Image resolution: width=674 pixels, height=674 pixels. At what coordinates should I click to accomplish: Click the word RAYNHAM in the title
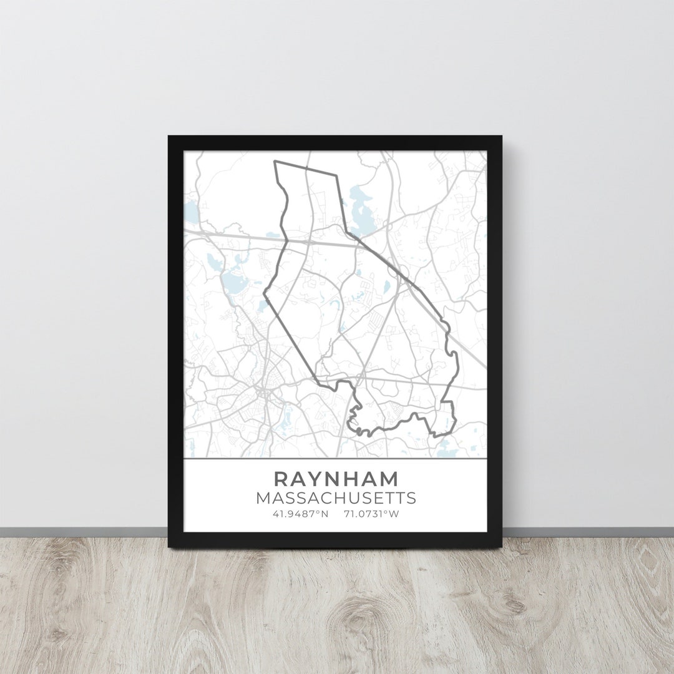click(336, 479)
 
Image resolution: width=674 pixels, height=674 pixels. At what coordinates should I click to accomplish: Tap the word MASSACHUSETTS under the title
click(336, 499)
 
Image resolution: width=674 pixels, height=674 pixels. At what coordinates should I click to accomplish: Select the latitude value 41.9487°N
click(300, 514)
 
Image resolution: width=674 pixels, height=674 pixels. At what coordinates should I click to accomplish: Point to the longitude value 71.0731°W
click(371, 514)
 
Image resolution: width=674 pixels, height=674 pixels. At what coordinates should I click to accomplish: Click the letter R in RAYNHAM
click(281, 479)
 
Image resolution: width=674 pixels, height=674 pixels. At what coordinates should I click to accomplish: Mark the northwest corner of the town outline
click(275, 162)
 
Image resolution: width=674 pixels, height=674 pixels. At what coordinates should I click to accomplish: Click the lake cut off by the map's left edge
click(190, 212)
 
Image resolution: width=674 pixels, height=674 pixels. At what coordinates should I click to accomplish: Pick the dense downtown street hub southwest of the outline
click(261, 393)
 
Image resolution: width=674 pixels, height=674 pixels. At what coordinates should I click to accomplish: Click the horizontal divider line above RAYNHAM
click(336, 459)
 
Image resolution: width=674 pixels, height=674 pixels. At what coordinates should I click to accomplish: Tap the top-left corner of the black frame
click(170, 137)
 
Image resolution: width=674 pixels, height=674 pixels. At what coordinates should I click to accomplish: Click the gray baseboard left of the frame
click(81, 532)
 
